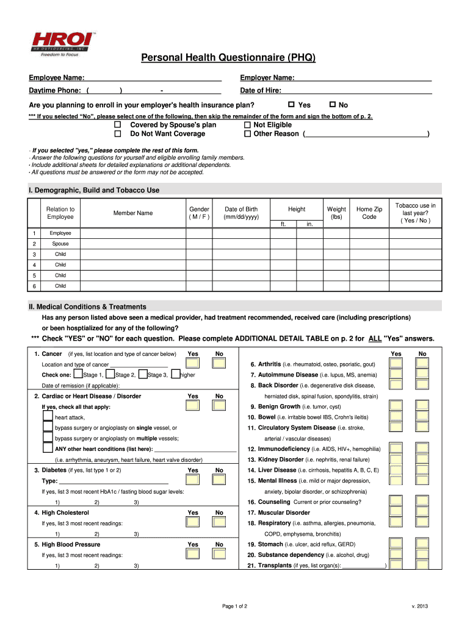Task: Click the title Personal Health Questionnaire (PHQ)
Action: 228,58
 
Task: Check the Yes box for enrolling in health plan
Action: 291,105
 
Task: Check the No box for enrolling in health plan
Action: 333,105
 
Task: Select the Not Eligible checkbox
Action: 247,125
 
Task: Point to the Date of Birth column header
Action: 241,213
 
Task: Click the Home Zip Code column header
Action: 369,213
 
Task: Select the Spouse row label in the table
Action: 60,244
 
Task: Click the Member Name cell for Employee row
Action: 132,233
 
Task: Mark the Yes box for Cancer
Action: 192,364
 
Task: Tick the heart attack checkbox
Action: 48,417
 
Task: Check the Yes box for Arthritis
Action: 396,364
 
